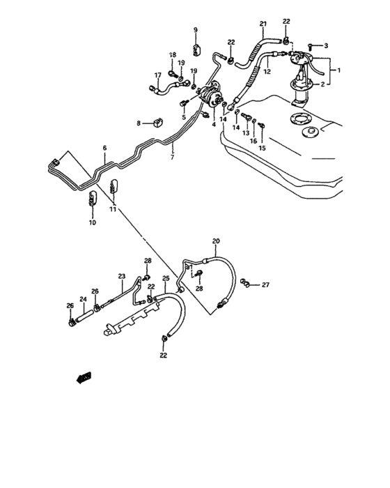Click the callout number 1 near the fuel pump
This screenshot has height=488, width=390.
pyautogui.click(x=339, y=70)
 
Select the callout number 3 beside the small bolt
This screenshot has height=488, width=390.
pyautogui.click(x=325, y=45)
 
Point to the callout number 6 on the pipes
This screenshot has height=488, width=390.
pyautogui.click(x=104, y=148)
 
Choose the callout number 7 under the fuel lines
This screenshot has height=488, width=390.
pyautogui.click(x=172, y=158)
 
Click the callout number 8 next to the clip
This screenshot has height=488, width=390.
pyautogui.click(x=139, y=123)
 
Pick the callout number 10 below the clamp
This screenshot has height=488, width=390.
pyautogui.click(x=91, y=222)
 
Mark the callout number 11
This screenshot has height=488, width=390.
pyautogui.click(x=112, y=208)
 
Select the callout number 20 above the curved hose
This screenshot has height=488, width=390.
pyautogui.click(x=216, y=241)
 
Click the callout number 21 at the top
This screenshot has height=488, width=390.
pyautogui.click(x=264, y=24)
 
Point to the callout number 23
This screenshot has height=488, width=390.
pyautogui.click(x=120, y=276)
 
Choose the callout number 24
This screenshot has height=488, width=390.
pyautogui.click(x=83, y=300)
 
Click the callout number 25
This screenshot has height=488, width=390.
pyautogui.click(x=166, y=279)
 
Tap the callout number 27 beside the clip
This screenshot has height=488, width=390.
pyautogui.click(x=265, y=284)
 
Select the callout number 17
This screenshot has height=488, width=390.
pyautogui.click(x=157, y=75)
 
